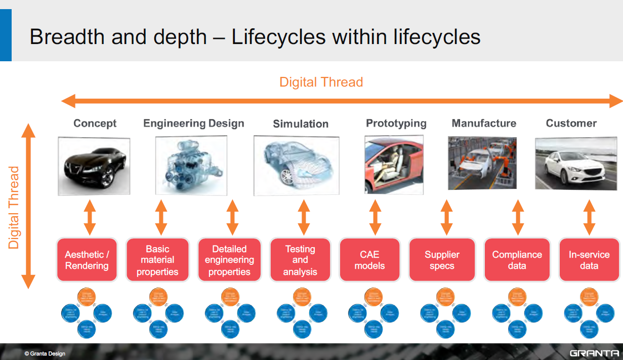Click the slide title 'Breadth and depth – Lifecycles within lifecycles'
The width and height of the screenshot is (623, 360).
tap(255, 37)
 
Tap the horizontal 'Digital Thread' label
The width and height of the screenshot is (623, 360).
tap(321, 82)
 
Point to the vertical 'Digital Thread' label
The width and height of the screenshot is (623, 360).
tap(14, 208)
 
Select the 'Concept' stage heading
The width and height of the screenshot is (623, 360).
tap(95, 123)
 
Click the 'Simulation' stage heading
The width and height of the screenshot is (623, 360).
tap(301, 124)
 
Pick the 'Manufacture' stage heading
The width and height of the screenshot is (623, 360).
tap(484, 123)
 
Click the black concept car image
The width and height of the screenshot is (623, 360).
tap(94, 166)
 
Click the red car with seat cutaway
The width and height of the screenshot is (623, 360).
tap(394, 164)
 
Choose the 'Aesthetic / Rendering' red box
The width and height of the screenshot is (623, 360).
tap(87, 260)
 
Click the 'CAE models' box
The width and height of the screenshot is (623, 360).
tap(369, 260)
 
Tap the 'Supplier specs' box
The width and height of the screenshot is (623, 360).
tap(442, 260)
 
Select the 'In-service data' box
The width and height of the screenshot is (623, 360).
tap(589, 260)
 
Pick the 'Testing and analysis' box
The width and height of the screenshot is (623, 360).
tap(300, 260)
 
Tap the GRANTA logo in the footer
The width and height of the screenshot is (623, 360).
tap(594, 353)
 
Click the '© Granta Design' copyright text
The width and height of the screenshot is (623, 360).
tap(45, 353)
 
